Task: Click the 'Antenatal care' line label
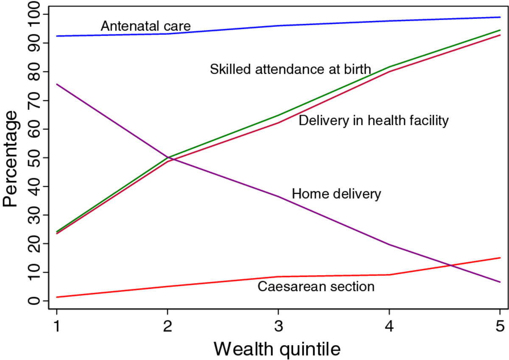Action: (x=145, y=26)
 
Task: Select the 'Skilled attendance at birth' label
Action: (x=291, y=69)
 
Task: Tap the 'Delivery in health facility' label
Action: (x=374, y=120)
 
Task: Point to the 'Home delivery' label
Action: (x=336, y=194)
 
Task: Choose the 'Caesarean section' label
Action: (x=316, y=286)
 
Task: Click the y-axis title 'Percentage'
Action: (x=10, y=158)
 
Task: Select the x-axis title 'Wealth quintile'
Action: (x=277, y=349)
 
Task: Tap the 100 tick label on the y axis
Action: (x=34, y=14)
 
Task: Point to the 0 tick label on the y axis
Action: (x=34, y=301)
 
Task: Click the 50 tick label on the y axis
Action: (x=34, y=157)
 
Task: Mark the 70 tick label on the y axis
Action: (x=34, y=100)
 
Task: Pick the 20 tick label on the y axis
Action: (x=34, y=243)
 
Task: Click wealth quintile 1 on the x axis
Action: (x=56, y=326)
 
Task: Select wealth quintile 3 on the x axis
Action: (x=279, y=326)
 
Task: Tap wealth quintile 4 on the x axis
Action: (x=389, y=326)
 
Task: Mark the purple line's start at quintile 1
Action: (x=56, y=84)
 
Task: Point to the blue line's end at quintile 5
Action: (x=500, y=17)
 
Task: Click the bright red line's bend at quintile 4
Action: (x=389, y=275)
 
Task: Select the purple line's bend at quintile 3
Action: (x=279, y=197)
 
